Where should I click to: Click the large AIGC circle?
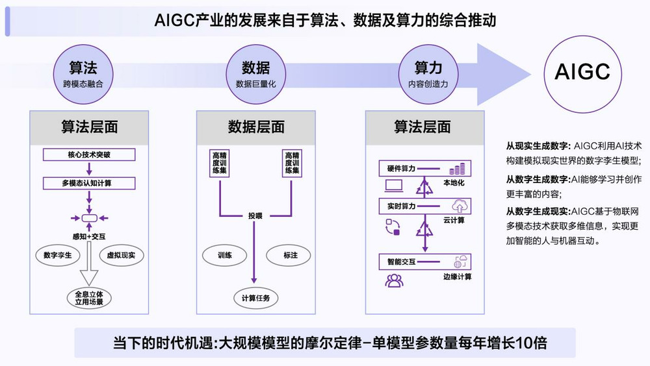click(x=582, y=74)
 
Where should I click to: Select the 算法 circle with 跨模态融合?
click(x=83, y=75)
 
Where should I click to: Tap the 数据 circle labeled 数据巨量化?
click(x=255, y=75)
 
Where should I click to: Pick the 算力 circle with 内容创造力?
click(x=428, y=75)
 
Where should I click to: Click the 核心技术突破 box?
click(x=89, y=155)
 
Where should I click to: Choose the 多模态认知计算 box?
click(x=89, y=183)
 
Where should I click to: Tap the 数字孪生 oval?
click(x=58, y=255)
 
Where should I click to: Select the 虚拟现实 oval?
click(x=121, y=255)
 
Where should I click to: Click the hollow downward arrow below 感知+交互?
click(x=88, y=262)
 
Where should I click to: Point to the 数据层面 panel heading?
click(x=255, y=127)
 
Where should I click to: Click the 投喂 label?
click(x=255, y=215)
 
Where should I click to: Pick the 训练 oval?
click(x=224, y=255)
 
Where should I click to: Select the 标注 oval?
click(x=288, y=255)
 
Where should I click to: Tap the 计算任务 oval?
click(x=255, y=298)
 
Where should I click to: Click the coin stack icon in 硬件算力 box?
click(x=457, y=169)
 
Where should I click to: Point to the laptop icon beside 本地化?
click(x=393, y=186)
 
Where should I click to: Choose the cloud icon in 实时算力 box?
click(x=459, y=206)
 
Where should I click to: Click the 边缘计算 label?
click(x=457, y=276)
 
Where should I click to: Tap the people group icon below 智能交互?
click(x=394, y=281)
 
